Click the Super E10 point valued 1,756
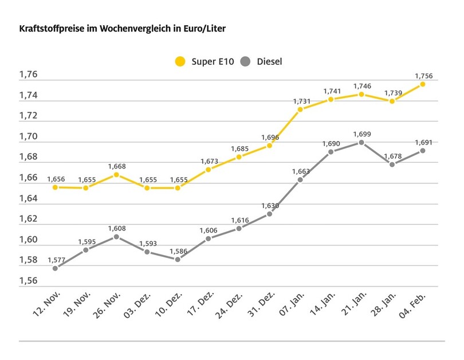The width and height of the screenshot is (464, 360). pos(423,84)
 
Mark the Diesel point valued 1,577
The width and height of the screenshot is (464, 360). pos(55,268)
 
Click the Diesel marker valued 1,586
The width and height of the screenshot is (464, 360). pos(178,259)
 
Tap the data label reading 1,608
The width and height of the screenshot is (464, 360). pos(116,228)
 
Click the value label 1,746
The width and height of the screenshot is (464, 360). pos(361,85)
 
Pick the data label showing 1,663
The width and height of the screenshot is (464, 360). pos(300,171)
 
